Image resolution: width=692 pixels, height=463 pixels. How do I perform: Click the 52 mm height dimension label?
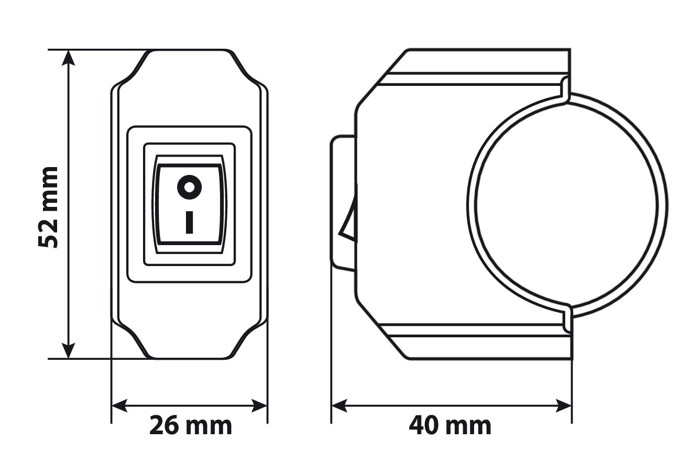coord(48,207)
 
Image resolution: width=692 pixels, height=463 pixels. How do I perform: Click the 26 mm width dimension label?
coord(190,425)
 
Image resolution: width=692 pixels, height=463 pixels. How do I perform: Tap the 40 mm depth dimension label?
coord(450,425)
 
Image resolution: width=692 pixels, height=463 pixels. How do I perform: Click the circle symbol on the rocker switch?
coord(189,186)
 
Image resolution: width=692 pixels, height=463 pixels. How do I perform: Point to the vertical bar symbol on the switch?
coord(189,222)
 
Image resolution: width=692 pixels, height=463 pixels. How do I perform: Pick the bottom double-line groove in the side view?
coord(471,329)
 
